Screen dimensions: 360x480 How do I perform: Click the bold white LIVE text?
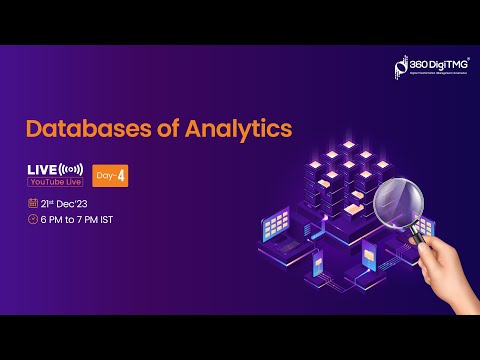(44, 168)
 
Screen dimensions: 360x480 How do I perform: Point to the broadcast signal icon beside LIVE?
(71, 168)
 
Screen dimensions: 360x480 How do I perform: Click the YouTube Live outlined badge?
(55, 182)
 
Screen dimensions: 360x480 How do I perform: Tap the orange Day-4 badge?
(111, 174)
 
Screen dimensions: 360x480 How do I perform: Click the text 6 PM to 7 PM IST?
(83, 219)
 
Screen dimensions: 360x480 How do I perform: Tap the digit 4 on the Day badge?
(120, 174)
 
